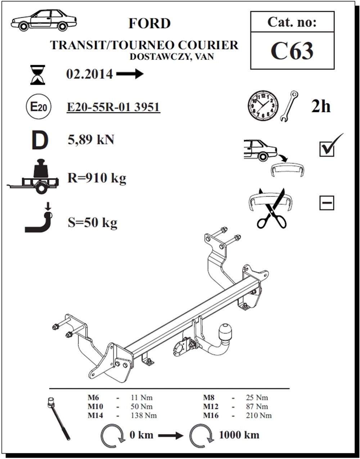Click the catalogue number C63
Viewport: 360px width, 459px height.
[x=292, y=51]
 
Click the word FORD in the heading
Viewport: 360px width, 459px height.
[x=149, y=24]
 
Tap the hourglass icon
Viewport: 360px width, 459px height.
[x=38, y=75]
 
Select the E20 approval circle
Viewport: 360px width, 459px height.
[x=38, y=107]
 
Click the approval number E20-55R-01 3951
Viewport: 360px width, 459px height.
[x=113, y=107]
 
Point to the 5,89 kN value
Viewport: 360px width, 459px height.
[x=91, y=140]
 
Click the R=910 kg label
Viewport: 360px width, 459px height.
[x=97, y=178]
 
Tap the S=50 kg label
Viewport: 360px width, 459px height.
[x=93, y=223]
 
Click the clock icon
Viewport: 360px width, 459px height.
[x=263, y=106]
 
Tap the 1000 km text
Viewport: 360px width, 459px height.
[x=239, y=435]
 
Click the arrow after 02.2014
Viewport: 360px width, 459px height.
[x=130, y=75]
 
